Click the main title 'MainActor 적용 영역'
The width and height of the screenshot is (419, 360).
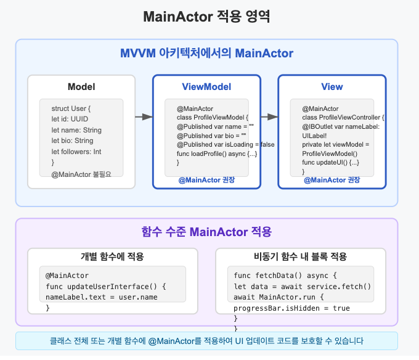pyautogui.click(x=206, y=17)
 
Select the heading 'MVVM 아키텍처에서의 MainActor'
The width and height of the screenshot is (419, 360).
pyautogui.click(x=206, y=54)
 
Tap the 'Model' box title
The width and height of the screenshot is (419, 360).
pyautogui.click(x=81, y=87)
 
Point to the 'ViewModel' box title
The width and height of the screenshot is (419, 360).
pyautogui.click(x=206, y=87)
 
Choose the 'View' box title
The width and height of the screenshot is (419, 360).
pyautogui.click(x=332, y=87)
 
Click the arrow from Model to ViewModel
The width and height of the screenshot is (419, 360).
pyautogui.click(x=144, y=117)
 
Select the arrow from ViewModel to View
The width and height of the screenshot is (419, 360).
pyautogui.click(x=269, y=117)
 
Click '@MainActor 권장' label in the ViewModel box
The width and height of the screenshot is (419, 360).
pyautogui.click(x=206, y=180)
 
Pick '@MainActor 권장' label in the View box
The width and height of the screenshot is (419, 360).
pyautogui.click(x=332, y=180)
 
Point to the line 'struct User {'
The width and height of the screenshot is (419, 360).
pyautogui.click(x=71, y=109)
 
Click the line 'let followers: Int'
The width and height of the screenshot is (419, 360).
pyautogui.click(x=76, y=151)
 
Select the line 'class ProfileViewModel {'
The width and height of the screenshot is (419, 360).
pyautogui.click(x=211, y=117)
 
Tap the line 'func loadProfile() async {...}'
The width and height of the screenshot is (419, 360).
pyautogui.click(x=217, y=153)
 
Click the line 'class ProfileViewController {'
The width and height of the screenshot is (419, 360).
pyautogui.click(x=343, y=117)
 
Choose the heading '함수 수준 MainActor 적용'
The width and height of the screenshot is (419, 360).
pyautogui.click(x=206, y=232)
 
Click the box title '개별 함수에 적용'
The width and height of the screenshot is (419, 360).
pyautogui.click(x=113, y=256)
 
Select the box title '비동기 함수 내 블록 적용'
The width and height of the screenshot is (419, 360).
pyautogui.click(x=301, y=256)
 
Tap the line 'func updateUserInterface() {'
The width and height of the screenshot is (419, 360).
pyautogui.click(x=106, y=287)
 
